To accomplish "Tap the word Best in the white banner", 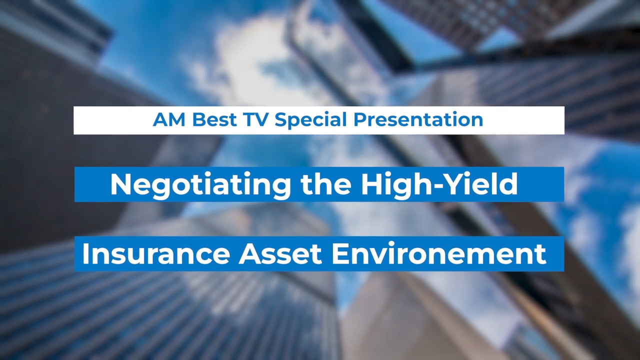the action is click(214, 119).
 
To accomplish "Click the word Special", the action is click(310, 120).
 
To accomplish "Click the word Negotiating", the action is click(200, 184).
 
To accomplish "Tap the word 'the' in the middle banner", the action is click(325, 184).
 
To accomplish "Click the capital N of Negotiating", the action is click(120, 184).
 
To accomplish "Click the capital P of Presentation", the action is click(359, 119).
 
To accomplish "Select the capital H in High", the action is click(371, 184).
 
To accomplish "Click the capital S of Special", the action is click(280, 119).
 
